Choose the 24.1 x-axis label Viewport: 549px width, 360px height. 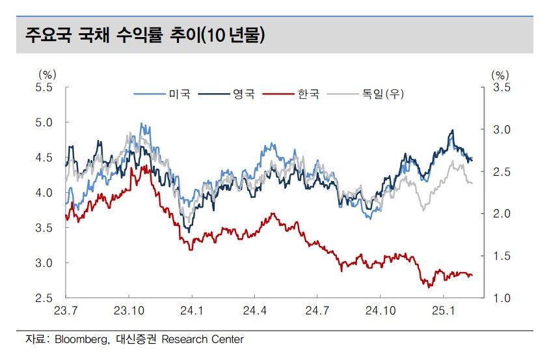(x=191, y=311)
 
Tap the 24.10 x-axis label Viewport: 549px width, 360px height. (x=381, y=311)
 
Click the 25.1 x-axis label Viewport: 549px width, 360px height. (x=443, y=311)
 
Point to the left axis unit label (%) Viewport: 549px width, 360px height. (x=47, y=75)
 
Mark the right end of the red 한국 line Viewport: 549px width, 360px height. (x=472, y=275)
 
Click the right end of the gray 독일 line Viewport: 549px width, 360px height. (x=472, y=183)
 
